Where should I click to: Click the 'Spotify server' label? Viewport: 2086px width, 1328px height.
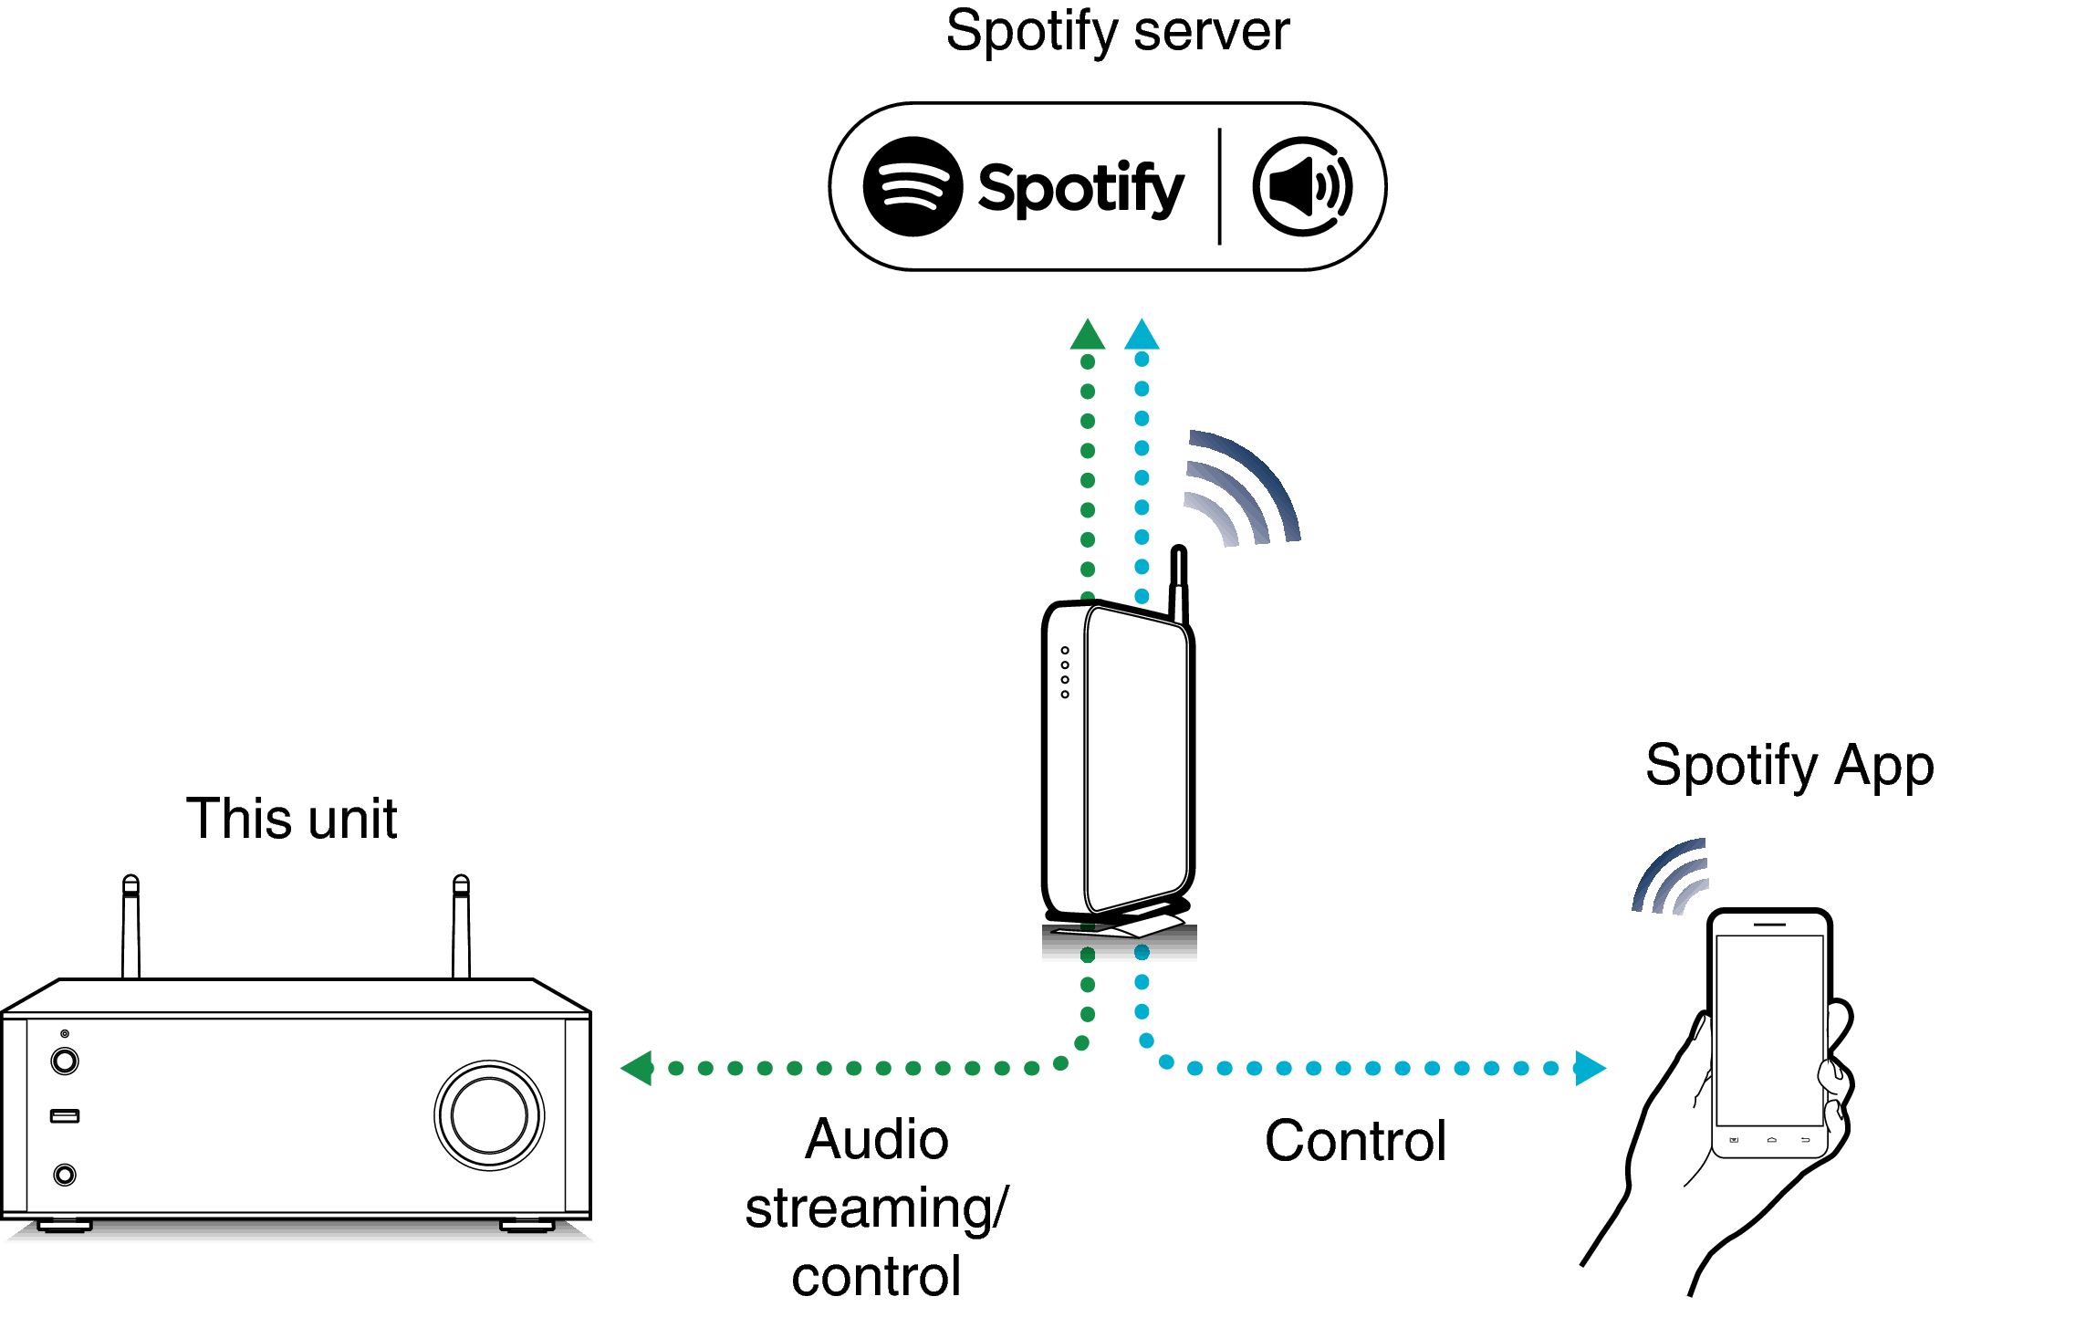pyautogui.click(x=1117, y=33)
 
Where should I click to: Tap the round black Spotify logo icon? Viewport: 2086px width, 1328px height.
pyautogui.click(x=913, y=187)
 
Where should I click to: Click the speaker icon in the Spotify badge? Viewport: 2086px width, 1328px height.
pyautogui.click(x=1302, y=187)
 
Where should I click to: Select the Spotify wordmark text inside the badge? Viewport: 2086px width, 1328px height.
pyautogui.click(x=1080, y=189)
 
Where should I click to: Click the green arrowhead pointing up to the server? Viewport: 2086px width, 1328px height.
pyautogui.click(x=1087, y=336)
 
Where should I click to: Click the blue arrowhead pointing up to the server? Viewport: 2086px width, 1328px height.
pyautogui.click(x=1142, y=336)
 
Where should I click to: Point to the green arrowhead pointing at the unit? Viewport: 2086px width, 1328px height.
pyautogui.click(x=638, y=1068)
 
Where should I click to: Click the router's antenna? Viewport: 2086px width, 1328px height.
pyautogui.click(x=1179, y=584)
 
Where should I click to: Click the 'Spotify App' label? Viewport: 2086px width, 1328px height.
pyautogui.click(x=1789, y=766)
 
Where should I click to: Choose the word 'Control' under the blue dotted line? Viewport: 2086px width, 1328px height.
pyautogui.click(x=1355, y=1141)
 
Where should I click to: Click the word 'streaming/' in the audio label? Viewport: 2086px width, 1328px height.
pyautogui.click(x=876, y=1208)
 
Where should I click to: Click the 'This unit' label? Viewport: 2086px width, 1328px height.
pyautogui.click(x=291, y=819)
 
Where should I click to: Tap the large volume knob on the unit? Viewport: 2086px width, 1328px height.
pyautogui.click(x=489, y=1115)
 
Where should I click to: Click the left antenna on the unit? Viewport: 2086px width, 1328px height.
pyautogui.click(x=131, y=926)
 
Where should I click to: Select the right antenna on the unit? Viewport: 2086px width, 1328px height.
pyautogui.click(x=462, y=926)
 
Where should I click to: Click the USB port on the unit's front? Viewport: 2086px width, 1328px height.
pyautogui.click(x=65, y=1116)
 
